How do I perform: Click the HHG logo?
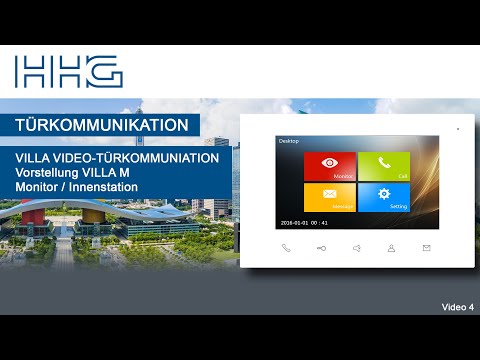tap(68, 71)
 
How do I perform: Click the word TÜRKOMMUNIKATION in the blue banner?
tap(102, 125)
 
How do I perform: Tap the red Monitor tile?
tap(330, 167)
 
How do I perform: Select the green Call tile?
tap(383, 167)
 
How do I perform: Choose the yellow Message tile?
tap(330, 197)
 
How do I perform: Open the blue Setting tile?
tap(383, 197)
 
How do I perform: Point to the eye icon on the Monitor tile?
tap(330, 163)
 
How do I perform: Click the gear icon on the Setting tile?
tap(383, 193)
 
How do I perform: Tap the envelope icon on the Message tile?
tap(330, 193)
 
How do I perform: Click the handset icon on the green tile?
tap(383, 163)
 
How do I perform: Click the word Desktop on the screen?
tap(289, 142)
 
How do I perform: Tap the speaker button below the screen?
tap(356, 248)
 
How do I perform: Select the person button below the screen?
tap(391, 248)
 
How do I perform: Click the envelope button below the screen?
tap(426, 248)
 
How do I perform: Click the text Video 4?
tap(457, 306)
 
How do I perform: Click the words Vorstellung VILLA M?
tap(81, 173)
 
